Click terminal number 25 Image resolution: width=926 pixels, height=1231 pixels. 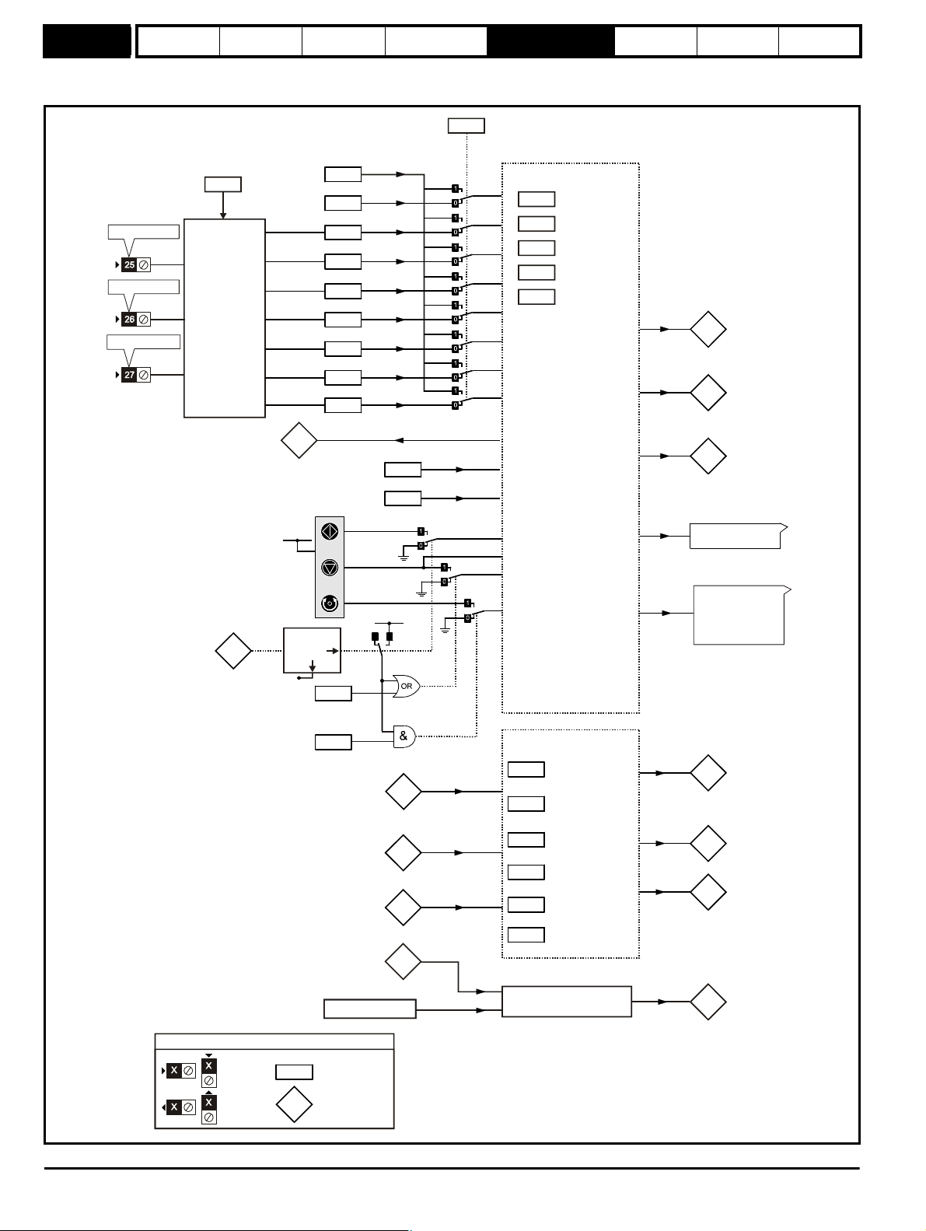[130, 264]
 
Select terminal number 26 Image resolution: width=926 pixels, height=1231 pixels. [130, 319]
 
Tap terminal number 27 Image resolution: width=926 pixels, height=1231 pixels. [130, 375]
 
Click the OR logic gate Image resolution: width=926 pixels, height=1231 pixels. [407, 686]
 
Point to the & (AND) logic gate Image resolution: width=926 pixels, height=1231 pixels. [405, 736]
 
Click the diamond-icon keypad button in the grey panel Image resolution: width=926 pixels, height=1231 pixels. [330, 531]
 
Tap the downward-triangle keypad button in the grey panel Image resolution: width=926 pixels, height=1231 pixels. [330, 568]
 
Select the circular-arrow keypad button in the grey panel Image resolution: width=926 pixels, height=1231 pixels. [330, 603]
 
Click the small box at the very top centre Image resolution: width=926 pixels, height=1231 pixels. [466, 126]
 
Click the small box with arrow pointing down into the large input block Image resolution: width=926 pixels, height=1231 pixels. [222, 184]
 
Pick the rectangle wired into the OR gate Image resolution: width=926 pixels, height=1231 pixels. [333, 693]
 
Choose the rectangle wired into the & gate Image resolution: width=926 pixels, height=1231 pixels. [333, 742]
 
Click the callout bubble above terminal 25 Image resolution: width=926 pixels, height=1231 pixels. [144, 232]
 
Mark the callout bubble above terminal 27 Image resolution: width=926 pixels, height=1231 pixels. [144, 341]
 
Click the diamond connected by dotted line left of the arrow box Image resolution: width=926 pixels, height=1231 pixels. [233, 651]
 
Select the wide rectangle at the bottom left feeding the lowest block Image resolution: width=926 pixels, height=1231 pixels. [370, 1009]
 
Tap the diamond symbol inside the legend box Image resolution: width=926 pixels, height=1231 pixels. [294, 1104]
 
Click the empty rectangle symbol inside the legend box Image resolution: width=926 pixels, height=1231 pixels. [294, 1072]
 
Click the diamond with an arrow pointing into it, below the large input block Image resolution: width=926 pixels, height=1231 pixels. [299, 440]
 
